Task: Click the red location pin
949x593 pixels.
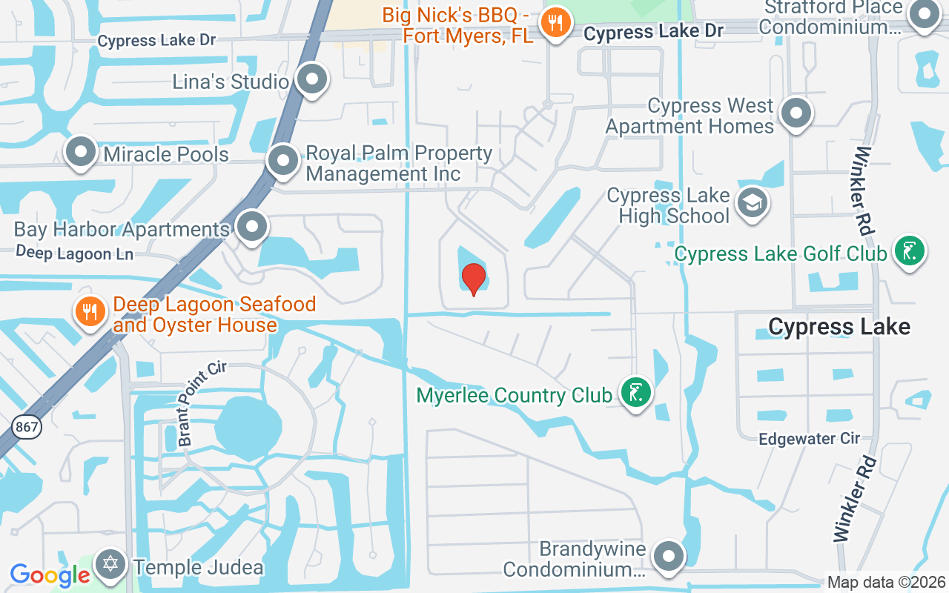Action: click(473, 279)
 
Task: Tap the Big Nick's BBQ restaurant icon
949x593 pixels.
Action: click(555, 22)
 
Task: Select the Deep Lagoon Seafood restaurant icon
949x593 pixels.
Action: click(90, 312)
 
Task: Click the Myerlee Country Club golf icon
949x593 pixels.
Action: click(635, 393)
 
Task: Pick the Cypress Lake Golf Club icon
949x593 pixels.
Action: click(909, 252)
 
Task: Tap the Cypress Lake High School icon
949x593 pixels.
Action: click(753, 202)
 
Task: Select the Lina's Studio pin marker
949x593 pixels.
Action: click(312, 79)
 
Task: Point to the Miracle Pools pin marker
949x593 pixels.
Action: click(81, 153)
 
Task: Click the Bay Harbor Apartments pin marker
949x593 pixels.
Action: click(252, 227)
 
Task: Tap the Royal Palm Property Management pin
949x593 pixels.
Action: click(282, 160)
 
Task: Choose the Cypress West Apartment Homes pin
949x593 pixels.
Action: click(796, 114)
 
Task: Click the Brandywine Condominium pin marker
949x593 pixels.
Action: click(669, 556)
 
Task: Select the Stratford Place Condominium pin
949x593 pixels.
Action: click(924, 14)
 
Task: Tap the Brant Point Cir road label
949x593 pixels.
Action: click(196, 403)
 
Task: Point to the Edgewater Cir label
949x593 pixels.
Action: click(808, 439)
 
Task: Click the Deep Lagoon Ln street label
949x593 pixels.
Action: click(74, 254)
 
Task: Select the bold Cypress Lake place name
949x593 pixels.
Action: click(839, 326)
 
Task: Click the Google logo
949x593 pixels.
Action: click(50, 574)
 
